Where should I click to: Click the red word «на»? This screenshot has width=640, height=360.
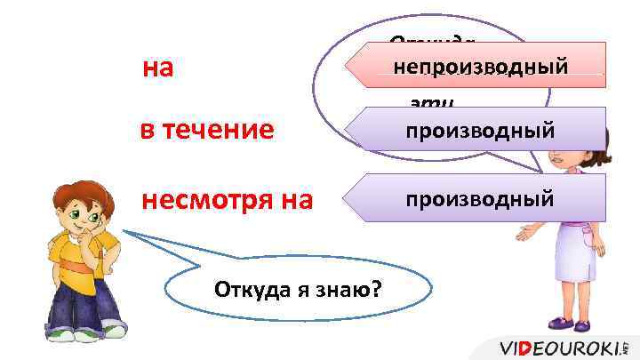click(x=157, y=68)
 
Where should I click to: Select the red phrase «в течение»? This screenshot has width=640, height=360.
click(x=207, y=131)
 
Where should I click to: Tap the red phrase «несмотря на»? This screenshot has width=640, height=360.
click(x=227, y=199)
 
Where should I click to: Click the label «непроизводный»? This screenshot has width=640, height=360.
click(x=481, y=65)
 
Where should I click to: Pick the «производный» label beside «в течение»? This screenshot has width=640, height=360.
click(x=481, y=131)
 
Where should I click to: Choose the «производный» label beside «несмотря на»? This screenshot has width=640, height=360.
click(x=481, y=197)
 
